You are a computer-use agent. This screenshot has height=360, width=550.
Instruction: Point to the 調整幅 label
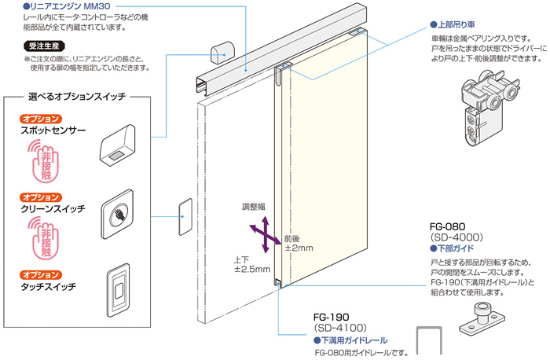click(256, 208)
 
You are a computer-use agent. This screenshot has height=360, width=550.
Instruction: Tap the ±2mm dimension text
click(299, 248)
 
